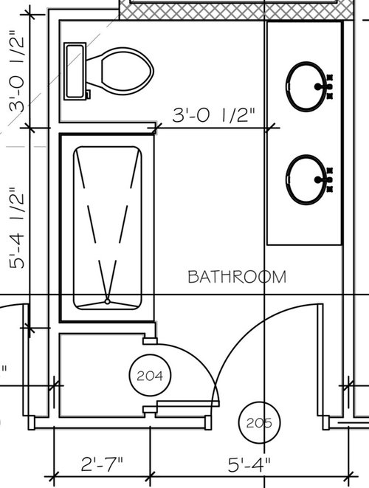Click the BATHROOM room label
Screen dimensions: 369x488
coord(237,277)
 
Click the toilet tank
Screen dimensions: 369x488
coord(75,72)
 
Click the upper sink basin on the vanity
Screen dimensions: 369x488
coord(306,86)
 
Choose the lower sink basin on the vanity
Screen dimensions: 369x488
coord(306,179)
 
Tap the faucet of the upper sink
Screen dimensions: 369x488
coord(324,86)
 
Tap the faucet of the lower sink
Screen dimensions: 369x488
coord(324,179)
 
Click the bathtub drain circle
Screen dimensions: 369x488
coord(107,301)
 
